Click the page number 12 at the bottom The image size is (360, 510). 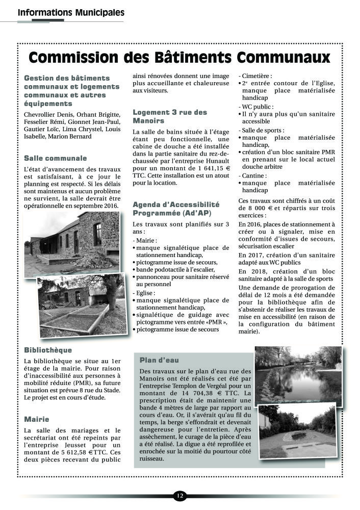(179, 495)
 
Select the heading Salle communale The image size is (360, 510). (56, 158)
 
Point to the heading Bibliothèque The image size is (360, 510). (48, 350)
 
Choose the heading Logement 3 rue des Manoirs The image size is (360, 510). (170, 116)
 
